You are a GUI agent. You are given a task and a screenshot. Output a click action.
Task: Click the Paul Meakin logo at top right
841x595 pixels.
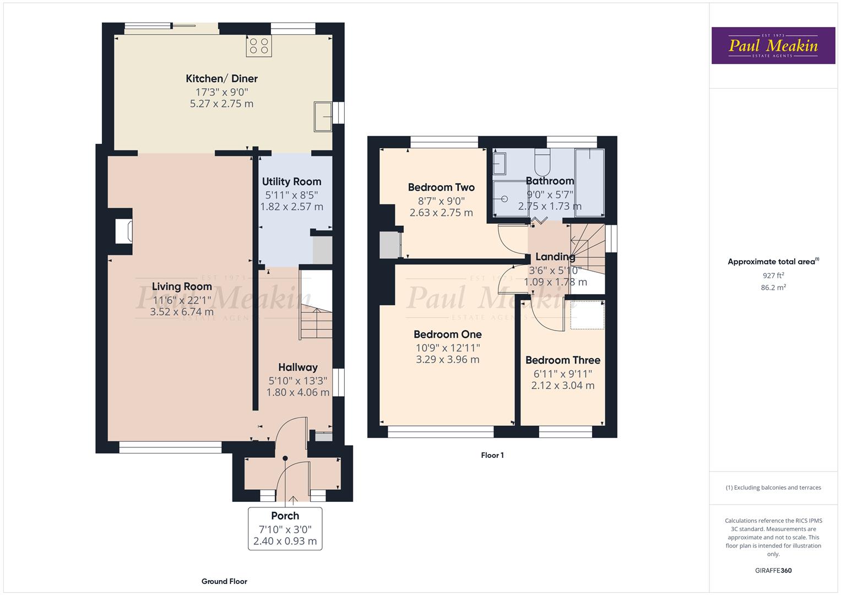click(x=773, y=46)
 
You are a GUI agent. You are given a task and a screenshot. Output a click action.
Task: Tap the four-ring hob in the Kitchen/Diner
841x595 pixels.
click(x=259, y=46)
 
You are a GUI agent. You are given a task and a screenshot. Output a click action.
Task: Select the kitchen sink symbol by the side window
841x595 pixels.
click(x=323, y=117)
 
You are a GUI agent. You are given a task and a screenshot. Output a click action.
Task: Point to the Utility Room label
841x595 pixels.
click(x=291, y=182)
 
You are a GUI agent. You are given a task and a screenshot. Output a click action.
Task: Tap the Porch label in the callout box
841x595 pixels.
click(x=285, y=516)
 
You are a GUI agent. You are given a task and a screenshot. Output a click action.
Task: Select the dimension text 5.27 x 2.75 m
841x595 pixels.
click(x=221, y=104)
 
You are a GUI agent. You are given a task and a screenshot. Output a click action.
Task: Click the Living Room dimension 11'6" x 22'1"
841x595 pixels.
click(x=182, y=300)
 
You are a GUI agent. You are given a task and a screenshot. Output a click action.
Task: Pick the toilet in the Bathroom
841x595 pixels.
click(x=542, y=161)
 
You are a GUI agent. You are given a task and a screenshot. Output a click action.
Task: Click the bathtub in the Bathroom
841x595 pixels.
click(x=589, y=182)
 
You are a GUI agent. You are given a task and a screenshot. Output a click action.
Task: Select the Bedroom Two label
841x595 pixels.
click(x=441, y=187)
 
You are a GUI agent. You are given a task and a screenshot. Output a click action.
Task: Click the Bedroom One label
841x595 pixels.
click(x=447, y=334)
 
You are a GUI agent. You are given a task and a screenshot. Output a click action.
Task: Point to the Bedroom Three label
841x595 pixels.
click(x=562, y=360)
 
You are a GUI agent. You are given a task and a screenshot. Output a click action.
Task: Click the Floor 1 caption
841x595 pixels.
click(x=492, y=455)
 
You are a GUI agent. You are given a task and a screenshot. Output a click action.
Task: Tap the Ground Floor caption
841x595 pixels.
click(x=224, y=581)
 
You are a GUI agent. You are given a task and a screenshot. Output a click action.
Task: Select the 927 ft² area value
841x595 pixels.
click(x=773, y=275)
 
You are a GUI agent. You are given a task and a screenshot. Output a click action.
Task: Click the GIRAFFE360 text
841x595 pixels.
click(x=773, y=571)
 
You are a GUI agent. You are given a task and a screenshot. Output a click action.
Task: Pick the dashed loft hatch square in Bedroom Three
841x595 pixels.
click(x=587, y=315)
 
